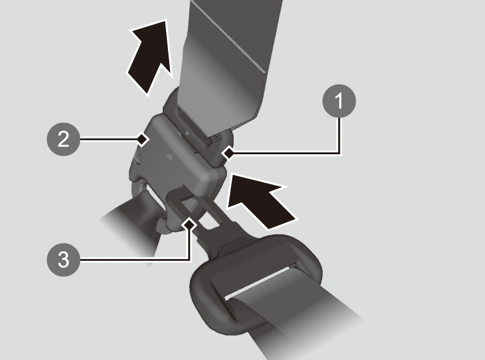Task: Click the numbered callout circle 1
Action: (x=339, y=101)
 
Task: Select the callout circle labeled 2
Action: (x=64, y=139)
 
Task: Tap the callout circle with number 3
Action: (x=64, y=259)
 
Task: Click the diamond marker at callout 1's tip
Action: (x=229, y=153)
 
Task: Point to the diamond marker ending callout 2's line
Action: (x=142, y=139)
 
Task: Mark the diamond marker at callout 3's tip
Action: (x=189, y=224)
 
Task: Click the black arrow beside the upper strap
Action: (x=151, y=56)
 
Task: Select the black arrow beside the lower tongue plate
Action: (x=260, y=201)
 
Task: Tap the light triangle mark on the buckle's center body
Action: (x=169, y=157)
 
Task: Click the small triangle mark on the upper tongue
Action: (x=188, y=133)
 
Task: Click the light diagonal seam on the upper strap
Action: (x=228, y=37)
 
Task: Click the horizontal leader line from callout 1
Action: (x=284, y=152)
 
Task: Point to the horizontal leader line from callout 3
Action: (x=134, y=260)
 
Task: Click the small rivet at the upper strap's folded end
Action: (x=218, y=136)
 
